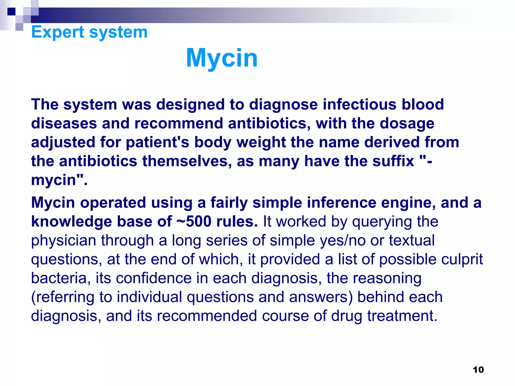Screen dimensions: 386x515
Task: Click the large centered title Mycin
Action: tap(222, 58)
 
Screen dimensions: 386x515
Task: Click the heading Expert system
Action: tap(89, 32)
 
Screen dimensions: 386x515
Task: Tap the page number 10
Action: tap(478, 370)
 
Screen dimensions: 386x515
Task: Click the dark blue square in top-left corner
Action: tap(11, 12)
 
